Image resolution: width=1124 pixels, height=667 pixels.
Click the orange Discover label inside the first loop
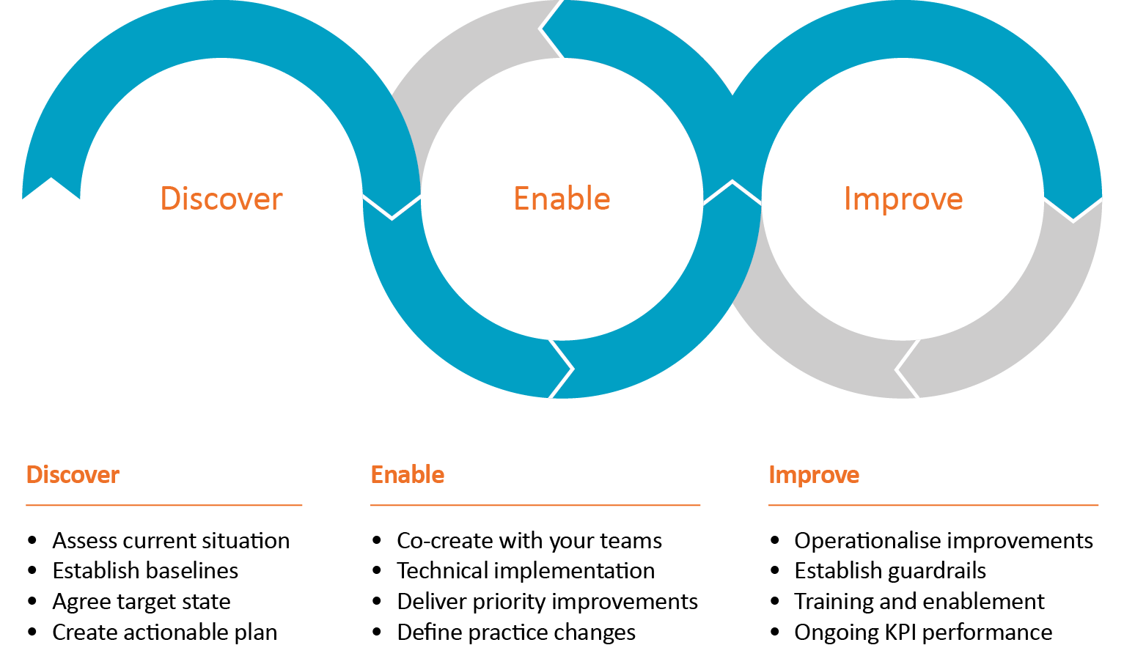tap(221, 199)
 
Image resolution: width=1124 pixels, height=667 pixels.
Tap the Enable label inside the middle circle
tap(562, 199)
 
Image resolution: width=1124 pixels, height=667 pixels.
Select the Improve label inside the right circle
tap(903, 199)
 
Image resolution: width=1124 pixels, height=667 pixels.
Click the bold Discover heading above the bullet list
tap(73, 475)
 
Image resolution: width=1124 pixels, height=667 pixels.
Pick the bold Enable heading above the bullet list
tap(408, 475)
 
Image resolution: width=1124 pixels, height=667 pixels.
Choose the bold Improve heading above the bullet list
tap(814, 475)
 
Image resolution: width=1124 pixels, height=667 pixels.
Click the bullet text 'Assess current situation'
tap(171, 541)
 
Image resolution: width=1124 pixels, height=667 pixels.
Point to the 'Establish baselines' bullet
tap(145, 571)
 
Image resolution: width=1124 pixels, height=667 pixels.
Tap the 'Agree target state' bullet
tap(142, 602)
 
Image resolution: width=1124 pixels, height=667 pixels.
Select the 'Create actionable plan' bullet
tap(165, 633)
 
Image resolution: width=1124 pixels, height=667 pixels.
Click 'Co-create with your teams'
tap(529, 541)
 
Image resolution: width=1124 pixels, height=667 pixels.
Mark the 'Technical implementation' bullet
tap(526, 571)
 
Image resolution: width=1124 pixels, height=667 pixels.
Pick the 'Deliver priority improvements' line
tap(547, 602)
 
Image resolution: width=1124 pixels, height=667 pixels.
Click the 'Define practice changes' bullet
tap(516, 633)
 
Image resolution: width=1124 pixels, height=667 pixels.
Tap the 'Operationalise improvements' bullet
tap(944, 541)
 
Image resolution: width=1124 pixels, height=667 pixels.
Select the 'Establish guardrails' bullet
tap(890, 571)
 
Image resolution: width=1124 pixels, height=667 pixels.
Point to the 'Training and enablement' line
tap(919, 602)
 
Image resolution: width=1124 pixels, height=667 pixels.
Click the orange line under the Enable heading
tap(535, 505)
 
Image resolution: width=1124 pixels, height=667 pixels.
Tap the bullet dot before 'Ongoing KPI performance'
tap(776, 632)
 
